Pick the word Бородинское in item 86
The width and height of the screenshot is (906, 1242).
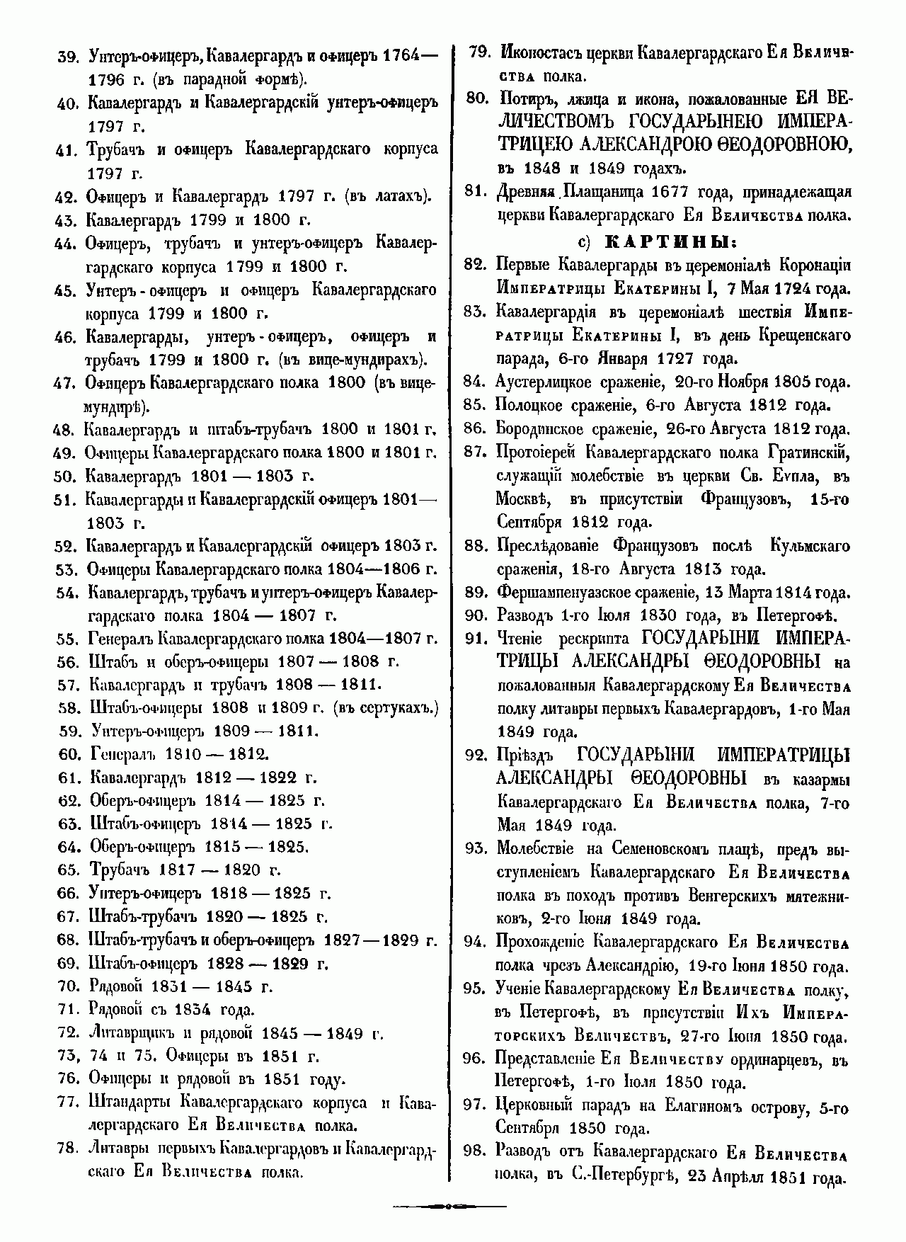(x=541, y=428)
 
